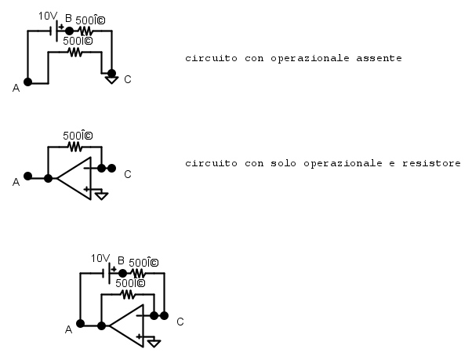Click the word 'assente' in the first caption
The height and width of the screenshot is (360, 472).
(379, 58)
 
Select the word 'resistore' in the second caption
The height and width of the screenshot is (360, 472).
(431, 163)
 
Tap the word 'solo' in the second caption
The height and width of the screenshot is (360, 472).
(283, 163)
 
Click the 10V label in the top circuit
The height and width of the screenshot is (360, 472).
(48, 16)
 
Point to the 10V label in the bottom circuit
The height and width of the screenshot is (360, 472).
(100, 258)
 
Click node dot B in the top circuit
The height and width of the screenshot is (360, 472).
(69, 31)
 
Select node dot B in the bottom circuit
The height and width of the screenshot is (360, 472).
(122, 273)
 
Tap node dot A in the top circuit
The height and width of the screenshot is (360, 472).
(27, 82)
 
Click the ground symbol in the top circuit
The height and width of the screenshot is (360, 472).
(111, 80)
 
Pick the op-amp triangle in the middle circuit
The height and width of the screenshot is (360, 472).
(74, 178)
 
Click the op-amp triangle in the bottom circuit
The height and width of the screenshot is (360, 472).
(127, 325)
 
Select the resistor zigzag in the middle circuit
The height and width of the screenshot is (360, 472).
(75, 147)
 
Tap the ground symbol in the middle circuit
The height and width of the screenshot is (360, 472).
(101, 195)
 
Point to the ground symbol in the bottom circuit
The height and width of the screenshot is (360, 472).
(154, 344)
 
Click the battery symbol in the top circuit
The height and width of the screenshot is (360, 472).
(54, 31)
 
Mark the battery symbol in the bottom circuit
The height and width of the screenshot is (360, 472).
(107, 273)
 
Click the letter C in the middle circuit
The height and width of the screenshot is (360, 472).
(128, 174)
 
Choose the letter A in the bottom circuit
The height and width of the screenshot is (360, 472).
(69, 330)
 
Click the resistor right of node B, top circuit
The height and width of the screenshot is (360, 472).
(85, 31)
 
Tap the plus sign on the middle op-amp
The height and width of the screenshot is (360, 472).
(87, 189)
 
